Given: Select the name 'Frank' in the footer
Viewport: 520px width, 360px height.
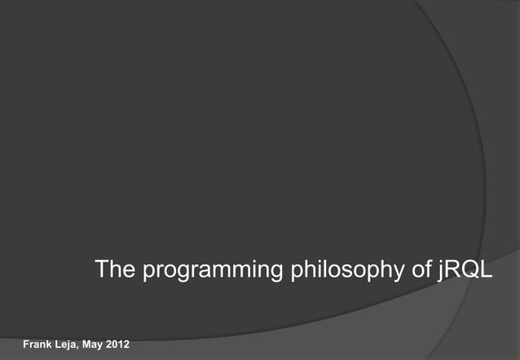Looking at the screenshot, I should click(x=37, y=345).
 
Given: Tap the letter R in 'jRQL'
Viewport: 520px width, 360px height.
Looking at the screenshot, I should click(x=452, y=270).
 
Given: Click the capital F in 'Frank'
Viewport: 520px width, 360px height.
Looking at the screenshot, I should click(x=26, y=345).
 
